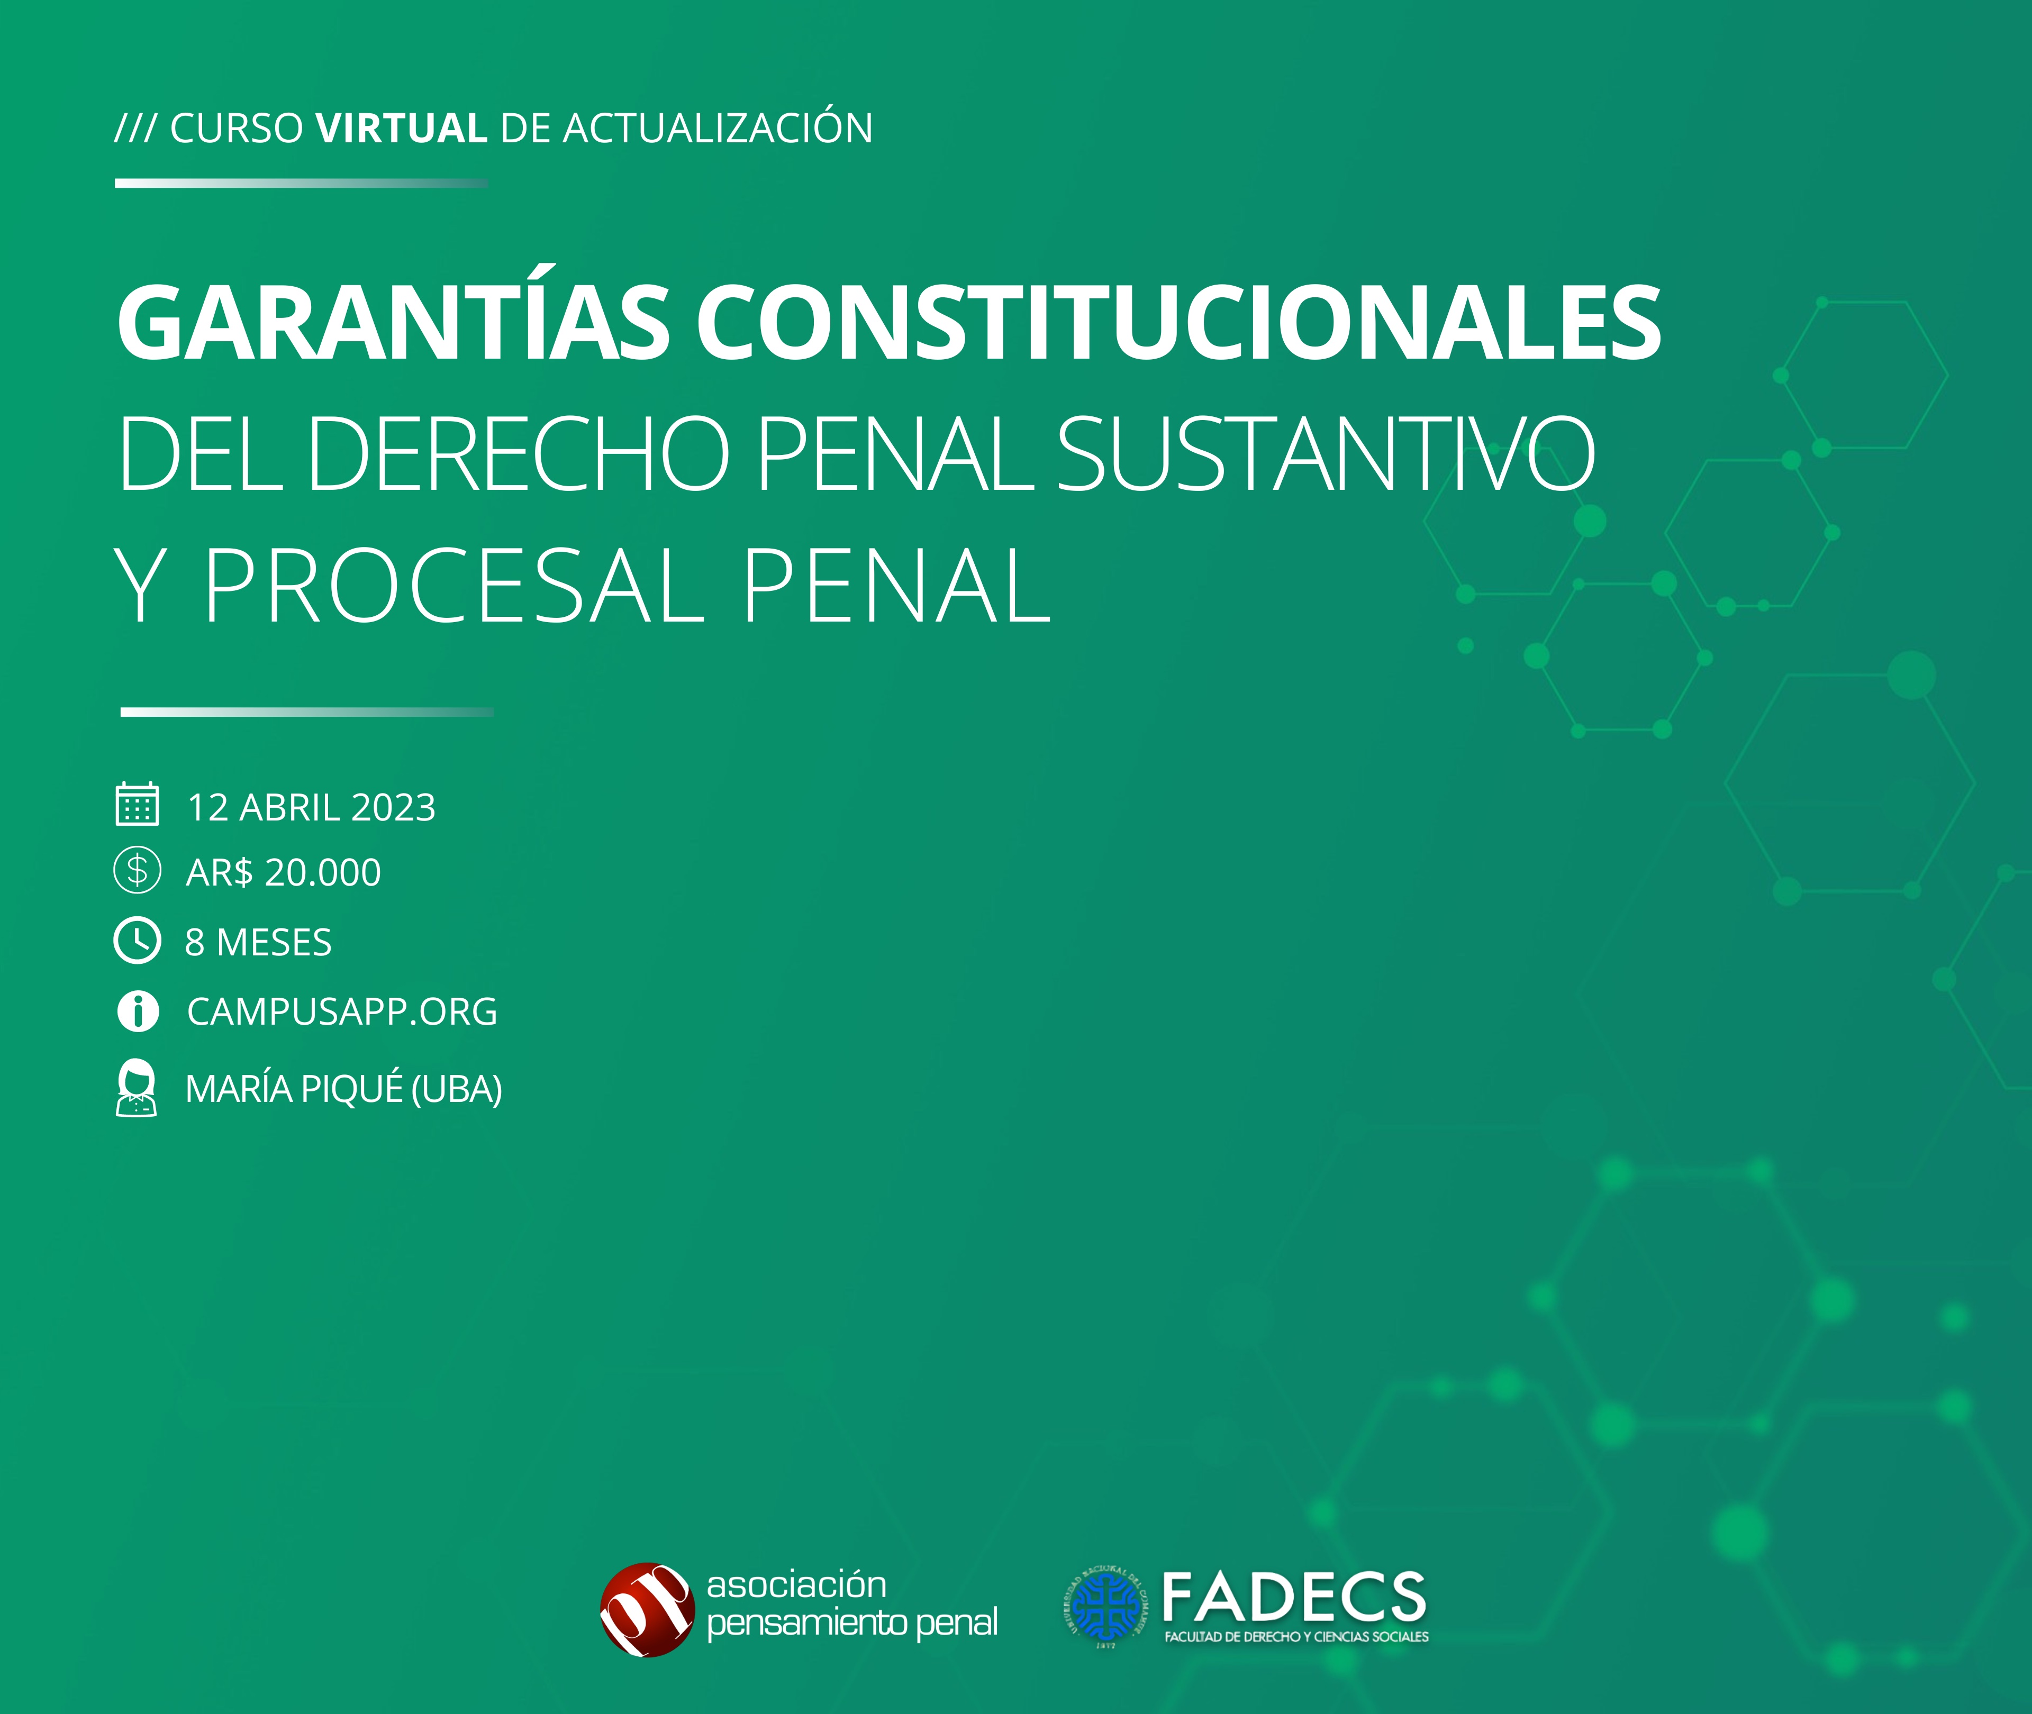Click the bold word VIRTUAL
(401, 128)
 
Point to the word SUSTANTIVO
(1326, 453)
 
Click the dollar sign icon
(137, 871)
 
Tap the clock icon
(137, 941)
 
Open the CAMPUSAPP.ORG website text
(342, 1011)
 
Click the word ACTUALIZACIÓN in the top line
(718, 127)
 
